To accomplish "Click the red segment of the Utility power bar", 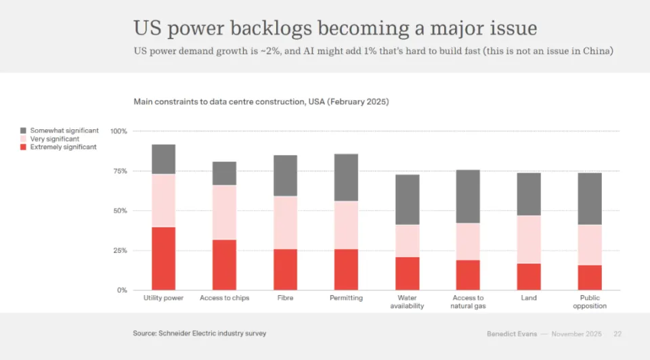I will point(163,258).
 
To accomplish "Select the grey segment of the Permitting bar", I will point(346,177).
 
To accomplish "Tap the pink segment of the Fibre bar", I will point(285,223).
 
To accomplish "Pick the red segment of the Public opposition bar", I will point(589,277).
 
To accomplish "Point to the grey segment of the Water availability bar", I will point(407,200).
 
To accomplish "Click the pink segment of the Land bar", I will point(529,240).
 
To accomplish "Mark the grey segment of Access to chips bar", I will point(224,173).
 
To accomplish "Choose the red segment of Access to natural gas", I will point(468,275).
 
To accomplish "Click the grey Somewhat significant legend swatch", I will point(24,131).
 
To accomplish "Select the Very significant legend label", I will point(55,139).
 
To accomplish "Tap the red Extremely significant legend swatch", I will point(24,147).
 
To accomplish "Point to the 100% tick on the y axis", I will point(118,131).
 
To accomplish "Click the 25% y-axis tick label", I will point(120,250).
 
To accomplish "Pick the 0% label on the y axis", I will point(122,290).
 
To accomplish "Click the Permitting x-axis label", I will point(346,298).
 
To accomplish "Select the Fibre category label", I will point(285,298).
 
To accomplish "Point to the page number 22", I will point(617,334).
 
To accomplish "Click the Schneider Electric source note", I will point(199,333).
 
